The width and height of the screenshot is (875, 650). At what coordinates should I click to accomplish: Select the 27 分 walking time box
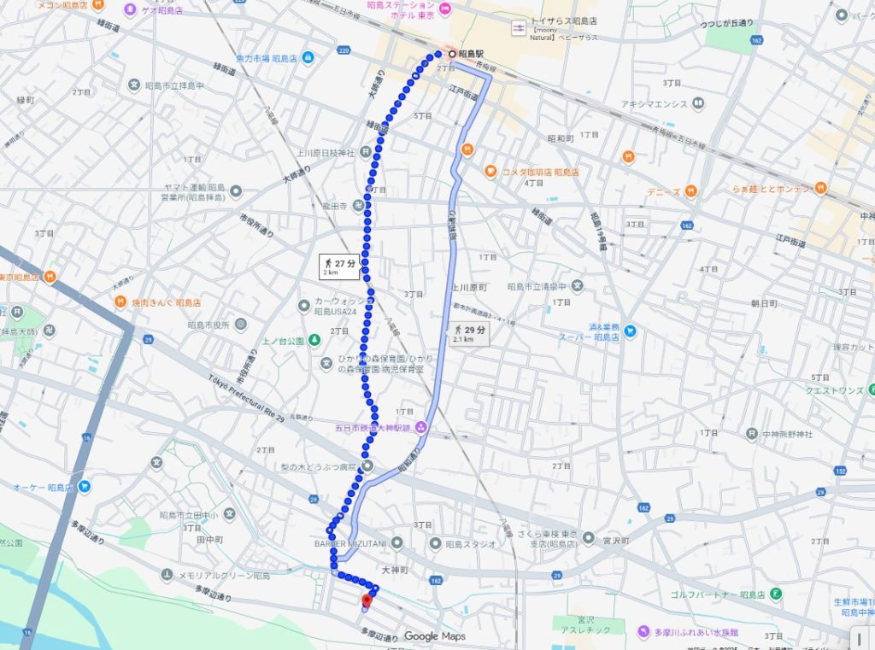(339, 266)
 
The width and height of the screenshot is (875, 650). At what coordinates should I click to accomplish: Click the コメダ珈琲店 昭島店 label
(540, 172)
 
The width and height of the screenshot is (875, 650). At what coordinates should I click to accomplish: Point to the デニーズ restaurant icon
(690, 190)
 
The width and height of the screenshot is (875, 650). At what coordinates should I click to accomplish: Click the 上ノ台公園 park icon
(314, 341)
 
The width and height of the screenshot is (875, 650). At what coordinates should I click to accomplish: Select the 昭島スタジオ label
(470, 544)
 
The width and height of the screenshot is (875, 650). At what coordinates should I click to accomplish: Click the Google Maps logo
(434, 636)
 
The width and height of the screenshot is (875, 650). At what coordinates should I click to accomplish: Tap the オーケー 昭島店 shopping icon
(85, 487)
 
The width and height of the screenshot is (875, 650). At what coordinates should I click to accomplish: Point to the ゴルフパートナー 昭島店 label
(726, 594)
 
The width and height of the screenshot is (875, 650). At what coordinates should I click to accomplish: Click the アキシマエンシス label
(655, 104)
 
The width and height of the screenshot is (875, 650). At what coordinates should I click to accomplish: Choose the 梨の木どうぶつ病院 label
(324, 467)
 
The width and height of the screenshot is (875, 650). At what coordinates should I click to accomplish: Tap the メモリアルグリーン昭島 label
(224, 576)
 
